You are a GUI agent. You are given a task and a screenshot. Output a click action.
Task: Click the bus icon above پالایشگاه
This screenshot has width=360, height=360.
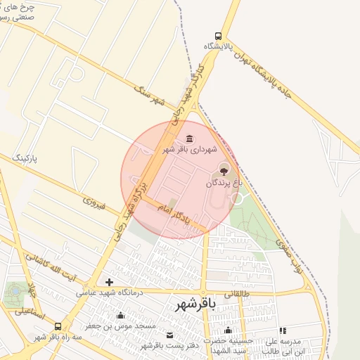(x=219, y=35)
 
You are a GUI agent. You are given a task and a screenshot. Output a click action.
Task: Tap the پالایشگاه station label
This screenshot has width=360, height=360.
(x=219, y=46)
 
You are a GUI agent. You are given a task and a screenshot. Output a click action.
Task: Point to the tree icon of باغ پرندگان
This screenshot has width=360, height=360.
(x=224, y=169)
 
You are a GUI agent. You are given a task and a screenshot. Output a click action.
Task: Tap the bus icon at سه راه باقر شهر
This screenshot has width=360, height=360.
(x=58, y=326)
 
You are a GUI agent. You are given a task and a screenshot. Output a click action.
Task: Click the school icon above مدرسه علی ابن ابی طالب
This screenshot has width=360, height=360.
(x=282, y=330)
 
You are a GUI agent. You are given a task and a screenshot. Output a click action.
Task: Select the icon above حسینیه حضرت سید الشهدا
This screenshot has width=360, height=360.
(x=227, y=330)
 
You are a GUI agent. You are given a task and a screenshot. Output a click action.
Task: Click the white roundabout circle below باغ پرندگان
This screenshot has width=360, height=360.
(x=237, y=199)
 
